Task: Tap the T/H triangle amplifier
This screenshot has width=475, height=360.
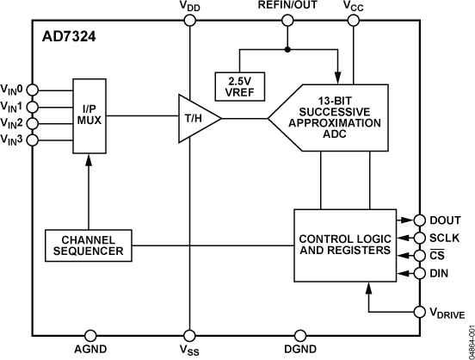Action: click(x=194, y=115)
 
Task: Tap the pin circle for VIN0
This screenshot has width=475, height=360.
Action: click(x=33, y=89)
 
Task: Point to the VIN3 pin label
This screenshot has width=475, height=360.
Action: click(x=13, y=140)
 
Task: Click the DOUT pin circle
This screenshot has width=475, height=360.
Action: click(x=421, y=220)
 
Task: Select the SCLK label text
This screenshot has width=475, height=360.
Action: click(x=446, y=238)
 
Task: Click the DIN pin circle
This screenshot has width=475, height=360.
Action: click(x=421, y=273)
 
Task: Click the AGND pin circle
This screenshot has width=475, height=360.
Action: click(x=92, y=335)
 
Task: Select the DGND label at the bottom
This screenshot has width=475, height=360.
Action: click(x=299, y=351)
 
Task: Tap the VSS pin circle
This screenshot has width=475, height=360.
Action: click(x=188, y=335)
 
